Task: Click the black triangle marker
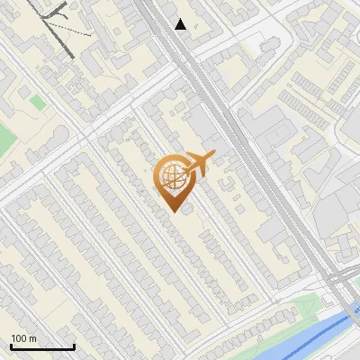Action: pyautogui.click(x=181, y=24)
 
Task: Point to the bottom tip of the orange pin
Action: pyautogui.click(x=172, y=211)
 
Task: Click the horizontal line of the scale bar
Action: pyautogui.click(x=42, y=346)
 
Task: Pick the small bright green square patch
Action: pyautogui.click(x=36, y=103)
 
